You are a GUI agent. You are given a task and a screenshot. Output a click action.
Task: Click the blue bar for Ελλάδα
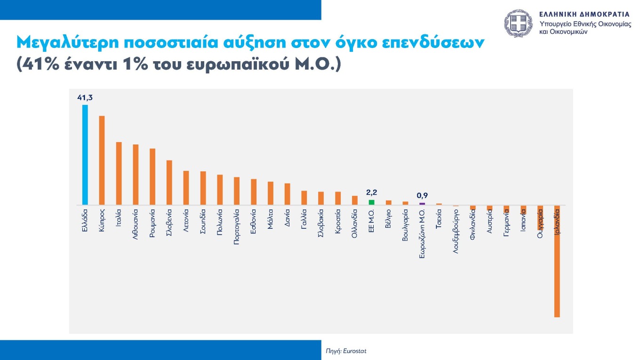point(85,155)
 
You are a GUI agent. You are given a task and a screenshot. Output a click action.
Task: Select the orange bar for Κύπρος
point(102,160)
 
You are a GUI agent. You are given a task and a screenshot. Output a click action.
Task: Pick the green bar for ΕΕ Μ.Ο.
point(371,202)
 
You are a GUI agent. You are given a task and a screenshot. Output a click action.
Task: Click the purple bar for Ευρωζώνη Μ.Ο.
point(422,204)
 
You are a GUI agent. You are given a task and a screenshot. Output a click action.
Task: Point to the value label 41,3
point(85,97)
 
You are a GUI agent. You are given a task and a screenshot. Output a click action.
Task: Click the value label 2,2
point(371,192)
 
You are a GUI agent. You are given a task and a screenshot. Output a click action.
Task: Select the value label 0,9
point(422,195)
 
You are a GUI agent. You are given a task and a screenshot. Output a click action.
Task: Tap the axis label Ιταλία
point(119,218)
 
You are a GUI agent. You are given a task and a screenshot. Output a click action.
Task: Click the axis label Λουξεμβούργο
point(456,232)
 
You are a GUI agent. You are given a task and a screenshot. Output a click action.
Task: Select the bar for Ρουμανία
point(152,177)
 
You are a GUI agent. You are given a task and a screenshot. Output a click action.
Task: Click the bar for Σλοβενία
point(169,183)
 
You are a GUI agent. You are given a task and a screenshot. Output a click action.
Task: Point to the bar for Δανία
point(287,194)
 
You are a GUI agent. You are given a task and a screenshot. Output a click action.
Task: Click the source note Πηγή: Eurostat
point(346,351)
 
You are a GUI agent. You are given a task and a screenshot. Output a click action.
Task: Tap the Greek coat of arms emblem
point(519,24)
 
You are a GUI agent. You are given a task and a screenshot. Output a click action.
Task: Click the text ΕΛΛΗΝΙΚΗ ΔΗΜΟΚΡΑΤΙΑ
point(584,14)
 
